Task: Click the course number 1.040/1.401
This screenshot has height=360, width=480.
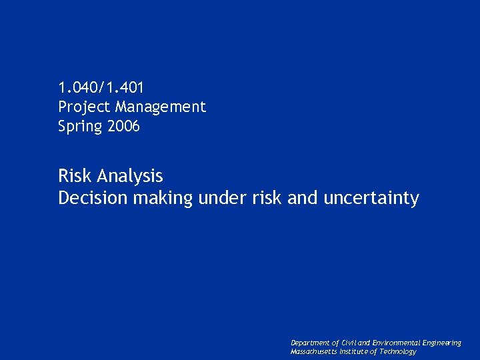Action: click(101, 87)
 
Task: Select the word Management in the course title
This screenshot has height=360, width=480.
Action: click(161, 107)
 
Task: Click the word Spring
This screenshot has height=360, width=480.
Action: click(79, 127)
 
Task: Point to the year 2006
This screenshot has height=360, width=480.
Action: click(122, 126)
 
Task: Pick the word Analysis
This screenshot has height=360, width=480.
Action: click(129, 176)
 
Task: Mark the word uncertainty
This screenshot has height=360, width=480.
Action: click(371, 199)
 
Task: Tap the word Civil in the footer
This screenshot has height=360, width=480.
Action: click(349, 343)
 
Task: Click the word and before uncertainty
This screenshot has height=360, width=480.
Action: click(303, 198)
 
